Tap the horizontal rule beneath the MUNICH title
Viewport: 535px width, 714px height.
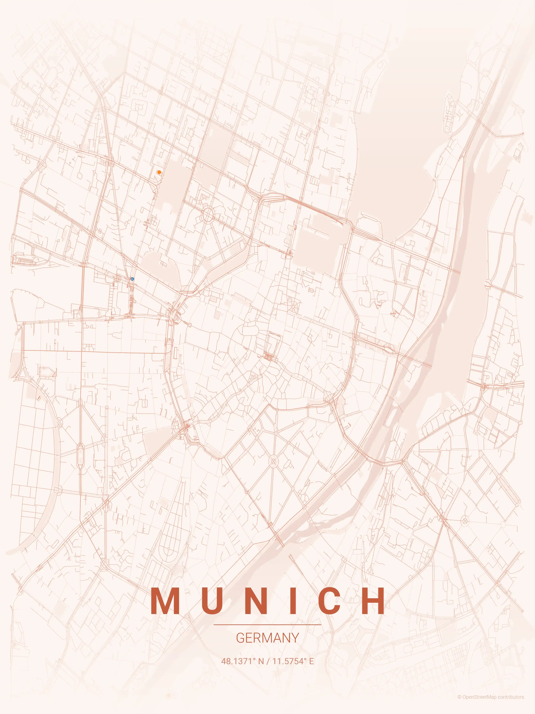(267, 625)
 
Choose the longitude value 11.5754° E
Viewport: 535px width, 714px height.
(293, 661)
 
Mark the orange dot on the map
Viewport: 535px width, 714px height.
(159, 172)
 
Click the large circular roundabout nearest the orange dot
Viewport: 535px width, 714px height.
(208, 215)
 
